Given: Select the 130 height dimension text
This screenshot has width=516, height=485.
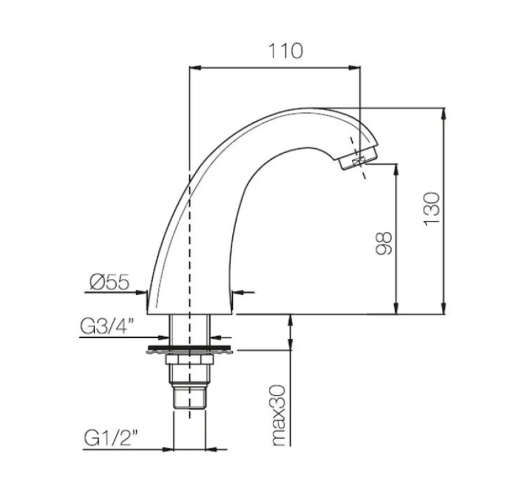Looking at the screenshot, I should tap(433, 208).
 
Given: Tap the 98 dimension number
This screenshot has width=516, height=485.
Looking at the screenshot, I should tap(384, 243).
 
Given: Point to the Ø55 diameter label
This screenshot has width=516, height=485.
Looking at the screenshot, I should tap(110, 282).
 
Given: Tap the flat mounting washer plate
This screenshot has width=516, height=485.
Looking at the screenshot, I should tap(190, 350).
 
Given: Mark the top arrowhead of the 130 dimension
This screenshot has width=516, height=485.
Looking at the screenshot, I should tap(444, 113).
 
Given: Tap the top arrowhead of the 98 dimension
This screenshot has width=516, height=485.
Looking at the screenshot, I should tap(395, 169).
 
